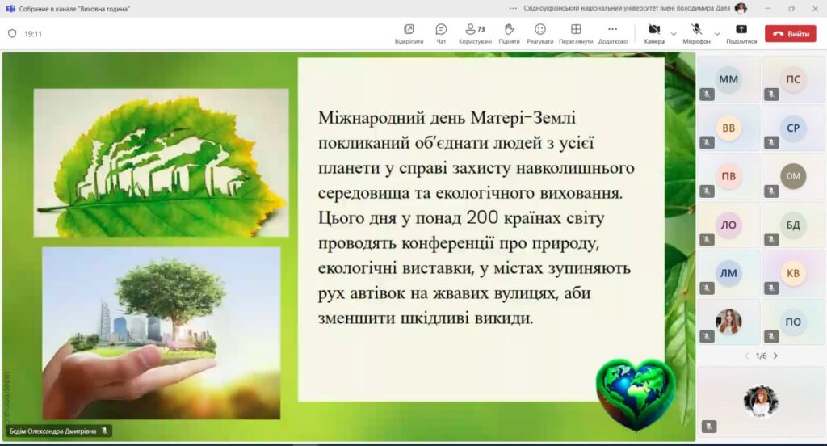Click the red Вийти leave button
[790, 34]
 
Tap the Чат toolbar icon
[441, 29]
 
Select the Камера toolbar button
[654, 29]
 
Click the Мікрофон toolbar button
[696, 29]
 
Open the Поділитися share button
[741, 29]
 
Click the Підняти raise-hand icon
[509, 29]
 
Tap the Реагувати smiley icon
[540, 29]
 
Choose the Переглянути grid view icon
[576, 29]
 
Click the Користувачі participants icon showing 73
[475, 29]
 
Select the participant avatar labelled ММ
[728, 80]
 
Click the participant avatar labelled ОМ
[793, 176]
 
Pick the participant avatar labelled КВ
[793, 273]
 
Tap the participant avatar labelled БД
[793, 225]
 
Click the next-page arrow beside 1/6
[775, 356]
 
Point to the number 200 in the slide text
[482, 217]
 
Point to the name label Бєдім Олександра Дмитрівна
[52, 431]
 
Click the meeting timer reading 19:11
[32, 34]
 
